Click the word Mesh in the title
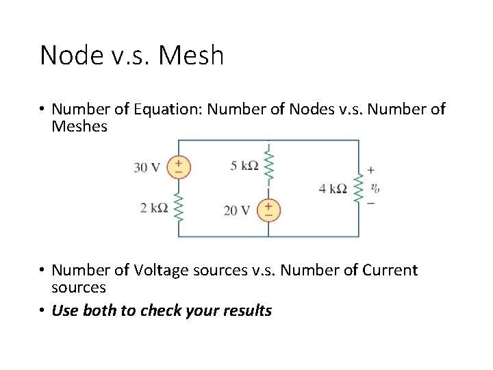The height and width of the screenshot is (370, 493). (x=191, y=55)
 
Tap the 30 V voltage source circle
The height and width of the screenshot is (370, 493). (x=179, y=167)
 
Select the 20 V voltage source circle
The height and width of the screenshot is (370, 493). (x=268, y=210)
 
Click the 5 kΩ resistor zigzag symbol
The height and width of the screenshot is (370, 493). (x=268, y=165)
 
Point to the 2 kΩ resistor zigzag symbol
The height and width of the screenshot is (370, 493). (x=179, y=207)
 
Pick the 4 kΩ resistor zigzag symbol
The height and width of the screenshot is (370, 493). (x=358, y=188)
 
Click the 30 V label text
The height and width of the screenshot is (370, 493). (x=147, y=168)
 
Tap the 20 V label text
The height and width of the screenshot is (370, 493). (x=237, y=210)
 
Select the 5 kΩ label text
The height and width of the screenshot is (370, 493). (x=244, y=165)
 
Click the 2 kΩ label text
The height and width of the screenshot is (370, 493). (x=154, y=207)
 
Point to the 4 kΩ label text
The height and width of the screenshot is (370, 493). (x=333, y=188)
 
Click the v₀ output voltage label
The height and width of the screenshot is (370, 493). (x=375, y=187)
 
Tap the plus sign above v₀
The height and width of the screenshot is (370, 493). (x=371, y=170)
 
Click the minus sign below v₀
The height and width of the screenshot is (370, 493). (x=371, y=203)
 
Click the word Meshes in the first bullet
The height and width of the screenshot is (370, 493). (x=79, y=127)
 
